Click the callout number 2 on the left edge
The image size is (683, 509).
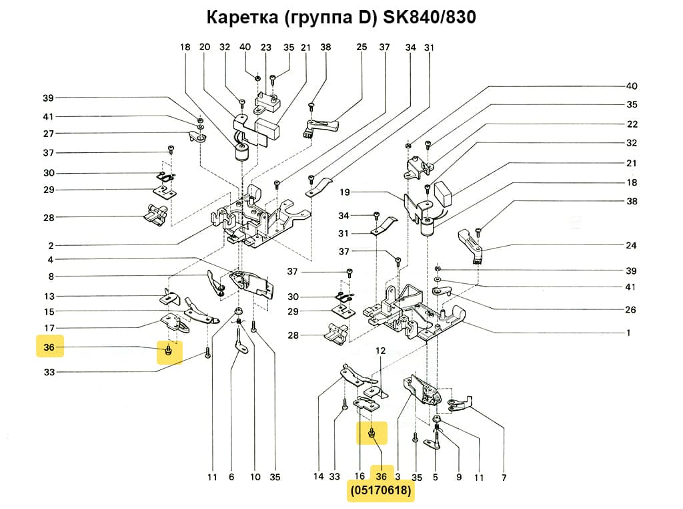[x=51, y=245]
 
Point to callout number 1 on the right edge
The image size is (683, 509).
[x=628, y=332]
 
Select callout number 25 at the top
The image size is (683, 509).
[x=362, y=47]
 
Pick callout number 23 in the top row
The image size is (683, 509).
[x=266, y=47]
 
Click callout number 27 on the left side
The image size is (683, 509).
[x=48, y=134]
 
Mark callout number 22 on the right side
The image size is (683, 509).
[x=631, y=124]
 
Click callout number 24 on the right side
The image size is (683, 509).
[x=631, y=245]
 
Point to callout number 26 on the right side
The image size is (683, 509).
[x=631, y=310]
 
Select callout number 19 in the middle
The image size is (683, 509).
[x=344, y=192]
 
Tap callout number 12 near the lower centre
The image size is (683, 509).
[x=380, y=350]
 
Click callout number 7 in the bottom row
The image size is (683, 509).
[x=504, y=478]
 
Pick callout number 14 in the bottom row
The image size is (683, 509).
[x=318, y=478]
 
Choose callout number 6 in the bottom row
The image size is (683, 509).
[x=231, y=478]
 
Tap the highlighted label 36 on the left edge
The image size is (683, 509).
[x=48, y=347]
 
